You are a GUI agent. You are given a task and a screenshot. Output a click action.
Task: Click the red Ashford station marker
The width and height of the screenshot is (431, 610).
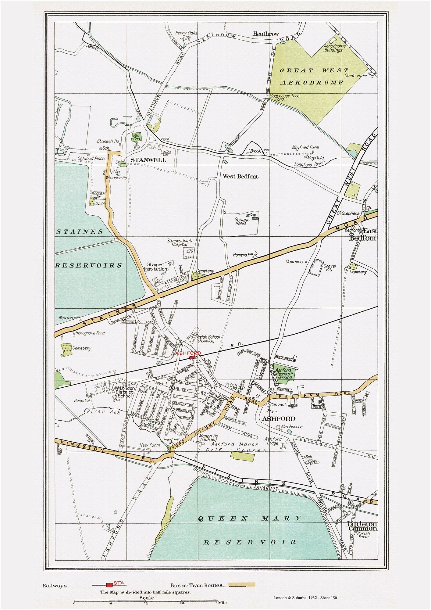(192, 357)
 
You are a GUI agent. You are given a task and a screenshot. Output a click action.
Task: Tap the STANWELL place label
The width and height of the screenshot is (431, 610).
(148, 160)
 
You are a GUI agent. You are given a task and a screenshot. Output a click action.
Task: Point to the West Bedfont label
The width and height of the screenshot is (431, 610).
(240, 176)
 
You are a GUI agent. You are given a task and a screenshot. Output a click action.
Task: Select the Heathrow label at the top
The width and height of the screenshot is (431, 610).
(266, 34)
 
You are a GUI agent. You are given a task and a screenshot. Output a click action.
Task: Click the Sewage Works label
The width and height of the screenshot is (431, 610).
(242, 221)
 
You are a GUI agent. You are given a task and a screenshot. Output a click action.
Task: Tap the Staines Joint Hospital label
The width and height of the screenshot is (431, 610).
(179, 242)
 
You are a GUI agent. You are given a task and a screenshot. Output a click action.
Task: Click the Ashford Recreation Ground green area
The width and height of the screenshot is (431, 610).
(284, 373)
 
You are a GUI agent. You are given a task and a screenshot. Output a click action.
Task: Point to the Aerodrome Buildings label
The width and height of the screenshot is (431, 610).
(335, 48)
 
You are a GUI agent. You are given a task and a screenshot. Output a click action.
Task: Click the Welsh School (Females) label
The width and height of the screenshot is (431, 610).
(208, 339)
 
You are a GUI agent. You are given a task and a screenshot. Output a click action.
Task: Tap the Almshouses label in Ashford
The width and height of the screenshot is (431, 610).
(292, 426)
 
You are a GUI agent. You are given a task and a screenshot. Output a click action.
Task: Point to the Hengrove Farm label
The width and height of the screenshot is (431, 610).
(90, 333)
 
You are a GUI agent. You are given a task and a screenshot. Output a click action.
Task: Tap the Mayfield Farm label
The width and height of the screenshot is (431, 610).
(305, 147)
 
